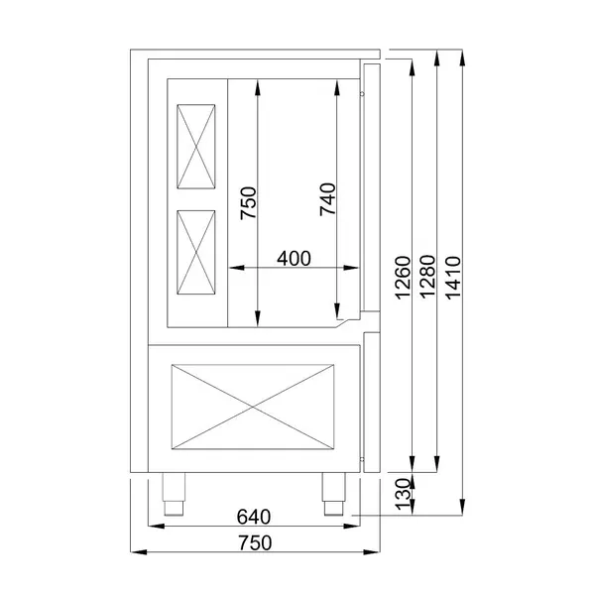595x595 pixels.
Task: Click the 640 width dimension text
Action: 256,517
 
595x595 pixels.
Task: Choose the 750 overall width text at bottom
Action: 256,541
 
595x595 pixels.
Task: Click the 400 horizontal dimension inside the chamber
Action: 294,258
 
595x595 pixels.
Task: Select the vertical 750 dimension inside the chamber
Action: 249,202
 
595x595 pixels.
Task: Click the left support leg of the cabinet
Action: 176,493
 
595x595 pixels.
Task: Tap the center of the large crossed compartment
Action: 256,407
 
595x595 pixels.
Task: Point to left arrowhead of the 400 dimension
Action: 233,267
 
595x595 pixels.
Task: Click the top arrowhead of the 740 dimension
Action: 337,84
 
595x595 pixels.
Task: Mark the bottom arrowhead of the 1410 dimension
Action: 461,510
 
